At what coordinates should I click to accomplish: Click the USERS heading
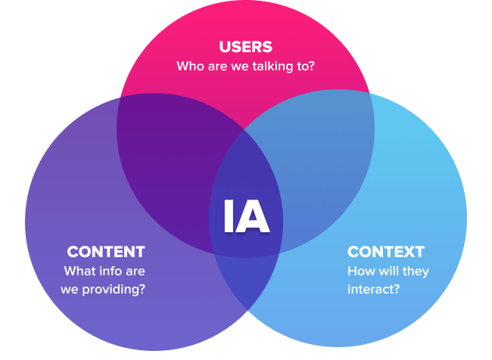[x=245, y=47]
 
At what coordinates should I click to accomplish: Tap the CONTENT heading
[x=106, y=252]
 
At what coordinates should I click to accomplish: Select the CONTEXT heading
[x=386, y=252]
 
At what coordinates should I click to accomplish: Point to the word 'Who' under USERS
[x=189, y=67]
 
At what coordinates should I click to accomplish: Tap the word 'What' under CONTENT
[x=79, y=271]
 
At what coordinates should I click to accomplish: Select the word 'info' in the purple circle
[x=110, y=271]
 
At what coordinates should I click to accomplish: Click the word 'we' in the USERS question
[x=237, y=67]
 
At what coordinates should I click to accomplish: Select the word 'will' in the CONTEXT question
[x=387, y=271]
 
